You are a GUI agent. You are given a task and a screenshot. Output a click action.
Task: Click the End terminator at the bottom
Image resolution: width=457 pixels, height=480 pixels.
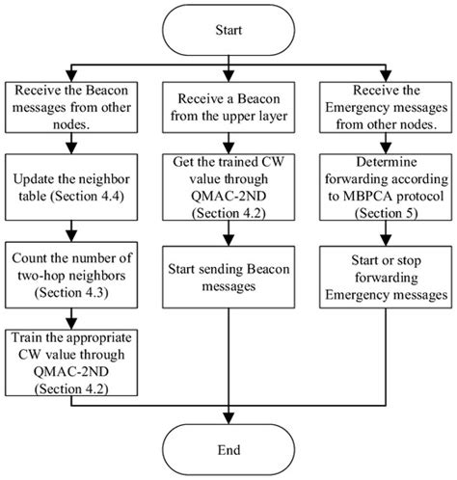228,449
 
